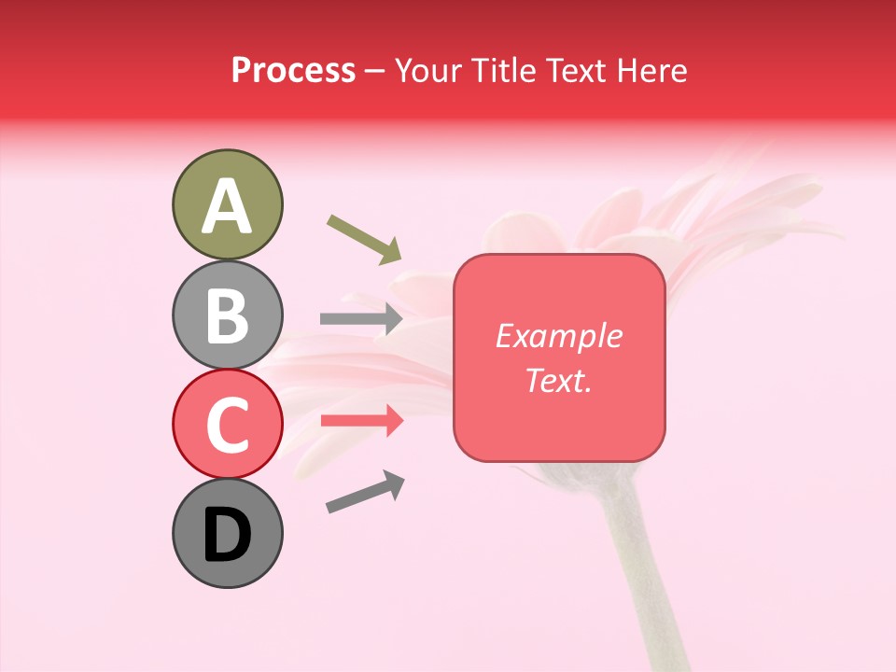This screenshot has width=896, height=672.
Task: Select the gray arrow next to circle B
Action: [x=360, y=318]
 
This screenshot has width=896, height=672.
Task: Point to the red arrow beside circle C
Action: [x=360, y=421]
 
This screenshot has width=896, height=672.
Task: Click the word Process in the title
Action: [x=293, y=71]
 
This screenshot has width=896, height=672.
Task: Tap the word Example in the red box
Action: [x=559, y=336]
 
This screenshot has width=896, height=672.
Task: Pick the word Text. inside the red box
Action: [x=559, y=380]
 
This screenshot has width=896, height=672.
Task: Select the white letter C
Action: [x=227, y=425]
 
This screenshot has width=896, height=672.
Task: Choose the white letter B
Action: [x=227, y=315]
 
